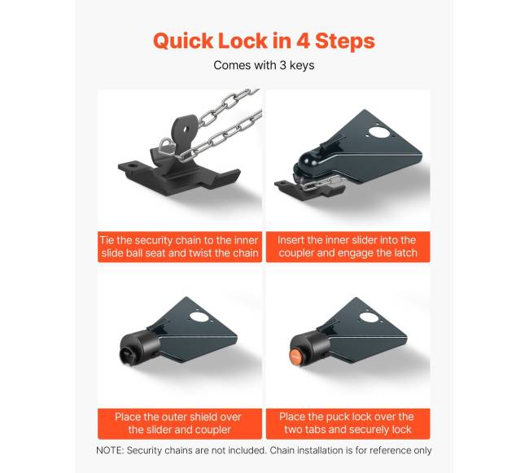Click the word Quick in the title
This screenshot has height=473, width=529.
click(183, 42)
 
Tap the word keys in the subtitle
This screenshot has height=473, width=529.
click(302, 65)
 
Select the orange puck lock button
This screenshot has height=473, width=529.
click(295, 357)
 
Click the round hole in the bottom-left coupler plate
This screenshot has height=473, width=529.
click(198, 318)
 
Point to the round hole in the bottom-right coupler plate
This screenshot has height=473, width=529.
click(369, 318)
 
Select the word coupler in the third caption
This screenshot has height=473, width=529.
click(214, 431)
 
